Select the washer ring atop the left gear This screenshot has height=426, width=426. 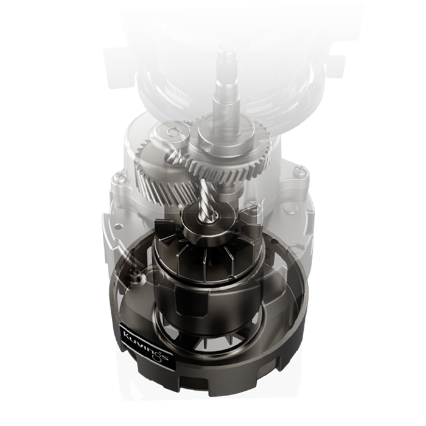point(173,132)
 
